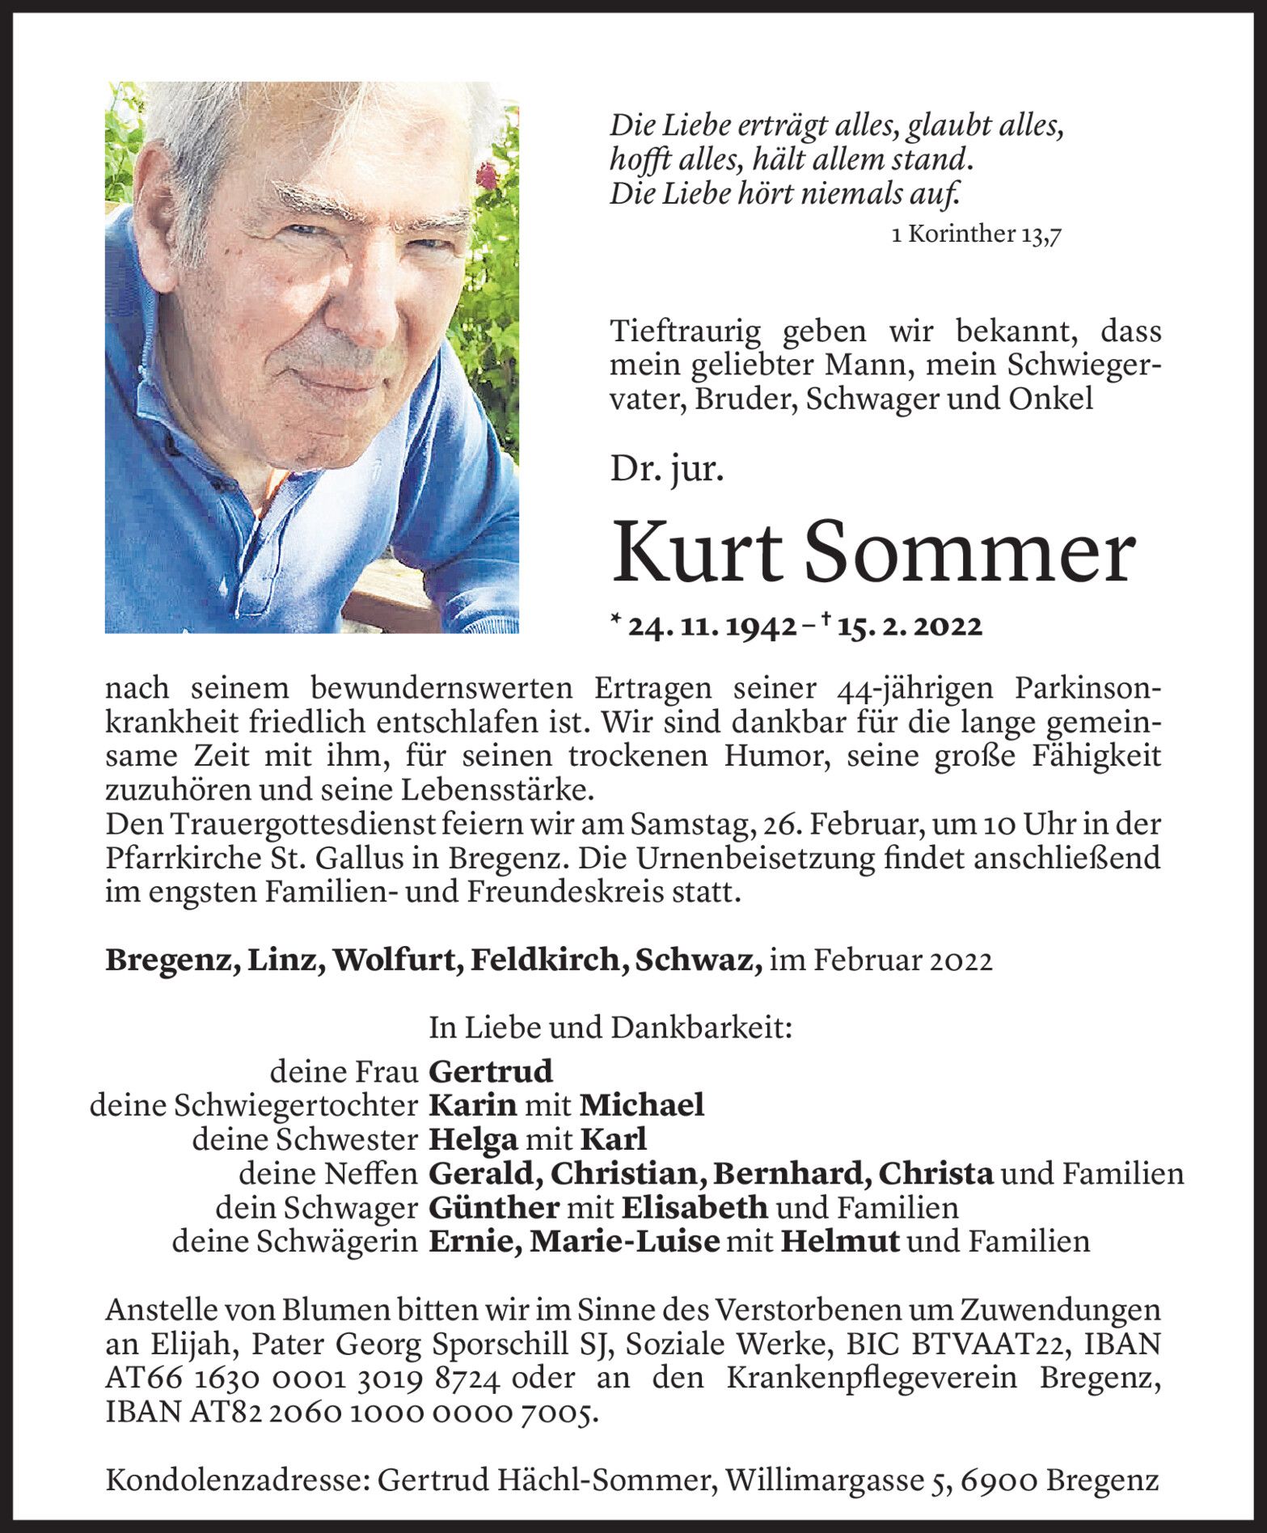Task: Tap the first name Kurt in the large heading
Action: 696,554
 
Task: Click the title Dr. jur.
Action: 666,469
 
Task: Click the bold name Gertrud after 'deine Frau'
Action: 491,1072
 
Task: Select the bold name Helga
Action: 473,1139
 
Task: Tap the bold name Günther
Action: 494,1207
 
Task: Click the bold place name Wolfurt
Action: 395,960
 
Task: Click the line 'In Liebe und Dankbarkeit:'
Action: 610,1028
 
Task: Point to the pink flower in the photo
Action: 487,175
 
